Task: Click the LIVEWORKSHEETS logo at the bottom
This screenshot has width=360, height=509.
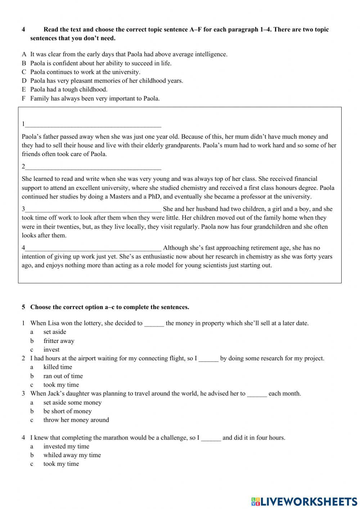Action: click(x=304, y=501)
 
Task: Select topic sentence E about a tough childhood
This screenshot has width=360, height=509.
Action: click(x=68, y=89)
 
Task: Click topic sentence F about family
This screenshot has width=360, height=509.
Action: click(x=95, y=98)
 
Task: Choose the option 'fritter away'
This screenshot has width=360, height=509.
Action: click(x=59, y=341)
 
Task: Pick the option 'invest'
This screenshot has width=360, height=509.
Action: click(x=51, y=349)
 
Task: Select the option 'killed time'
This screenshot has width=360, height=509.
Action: click(x=58, y=367)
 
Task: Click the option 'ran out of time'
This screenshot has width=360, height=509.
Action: click(x=63, y=376)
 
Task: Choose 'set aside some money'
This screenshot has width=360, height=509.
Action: click(x=72, y=402)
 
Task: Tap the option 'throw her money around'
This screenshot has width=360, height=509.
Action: click(x=76, y=420)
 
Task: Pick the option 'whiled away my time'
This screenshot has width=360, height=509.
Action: click(x=72, y=455)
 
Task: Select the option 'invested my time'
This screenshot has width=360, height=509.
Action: click(x=66, y=446)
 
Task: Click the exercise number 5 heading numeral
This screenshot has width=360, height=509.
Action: click(x=23, y=307)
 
